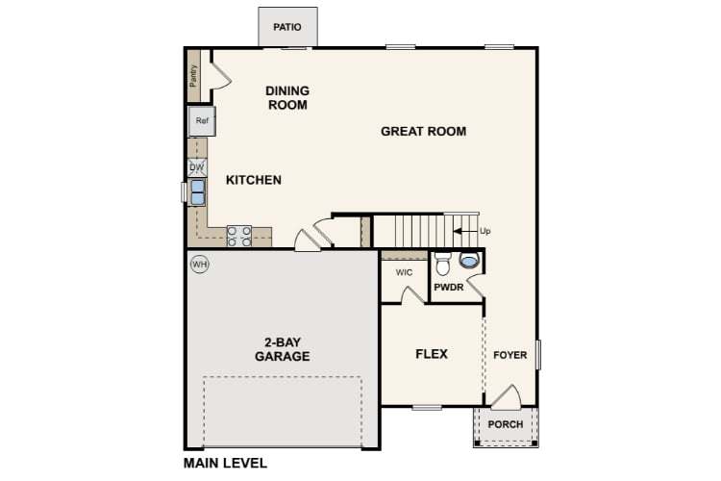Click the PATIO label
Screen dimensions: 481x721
(x=287, y=27)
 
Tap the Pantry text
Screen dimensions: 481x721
(x=194, y=77)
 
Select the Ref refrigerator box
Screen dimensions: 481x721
(x=202, y=121)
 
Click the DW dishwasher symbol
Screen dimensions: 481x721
(x=197, y=167)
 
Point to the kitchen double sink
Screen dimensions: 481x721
(x=197, y=191)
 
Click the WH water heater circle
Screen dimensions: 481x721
(x=199, y=264)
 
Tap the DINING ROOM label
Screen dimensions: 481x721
(x=287, y=98)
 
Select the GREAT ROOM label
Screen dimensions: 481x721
(x=423, y=132)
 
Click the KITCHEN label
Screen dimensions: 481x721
(x=254, y=180)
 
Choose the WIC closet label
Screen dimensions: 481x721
(x=404, y=273)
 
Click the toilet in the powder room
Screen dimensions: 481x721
(x=443, y=263)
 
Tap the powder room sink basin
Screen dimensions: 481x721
(x=470, y=260)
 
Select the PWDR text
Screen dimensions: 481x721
(x=450, y=287)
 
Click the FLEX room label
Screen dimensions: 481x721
(x=432, y=354)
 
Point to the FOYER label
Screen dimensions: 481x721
(x=510, y=355)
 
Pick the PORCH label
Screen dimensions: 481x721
(x=506, y=424)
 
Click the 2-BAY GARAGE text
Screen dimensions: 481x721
(x=282, y=349)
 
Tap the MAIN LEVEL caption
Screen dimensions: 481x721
(x=226, y=464)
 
